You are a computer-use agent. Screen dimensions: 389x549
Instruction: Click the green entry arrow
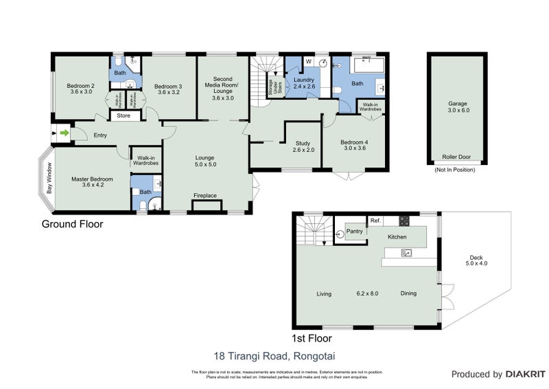(63, 133)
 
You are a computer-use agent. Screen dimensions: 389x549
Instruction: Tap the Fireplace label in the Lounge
(205, 196)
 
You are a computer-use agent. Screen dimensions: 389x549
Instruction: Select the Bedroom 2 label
(80, 86)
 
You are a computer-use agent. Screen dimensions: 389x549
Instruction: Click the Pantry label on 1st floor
(354, 232)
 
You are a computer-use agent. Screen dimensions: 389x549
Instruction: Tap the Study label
(302, 144)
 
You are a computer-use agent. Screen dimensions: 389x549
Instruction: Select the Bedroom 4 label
(355, 142)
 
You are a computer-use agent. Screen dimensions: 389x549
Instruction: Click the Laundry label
(303, 80)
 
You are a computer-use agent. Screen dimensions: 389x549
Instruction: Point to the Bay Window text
(49, 177)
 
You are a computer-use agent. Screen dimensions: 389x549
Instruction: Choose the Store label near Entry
(124, 116)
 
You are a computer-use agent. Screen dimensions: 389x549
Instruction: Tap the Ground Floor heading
(73, 224)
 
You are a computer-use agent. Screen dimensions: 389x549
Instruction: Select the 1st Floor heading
(312, 338)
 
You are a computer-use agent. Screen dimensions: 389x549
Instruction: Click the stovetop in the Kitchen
(404, 221)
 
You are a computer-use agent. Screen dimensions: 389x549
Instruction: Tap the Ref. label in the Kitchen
(375, 221)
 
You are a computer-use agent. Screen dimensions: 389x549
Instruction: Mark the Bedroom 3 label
(168, 86)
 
